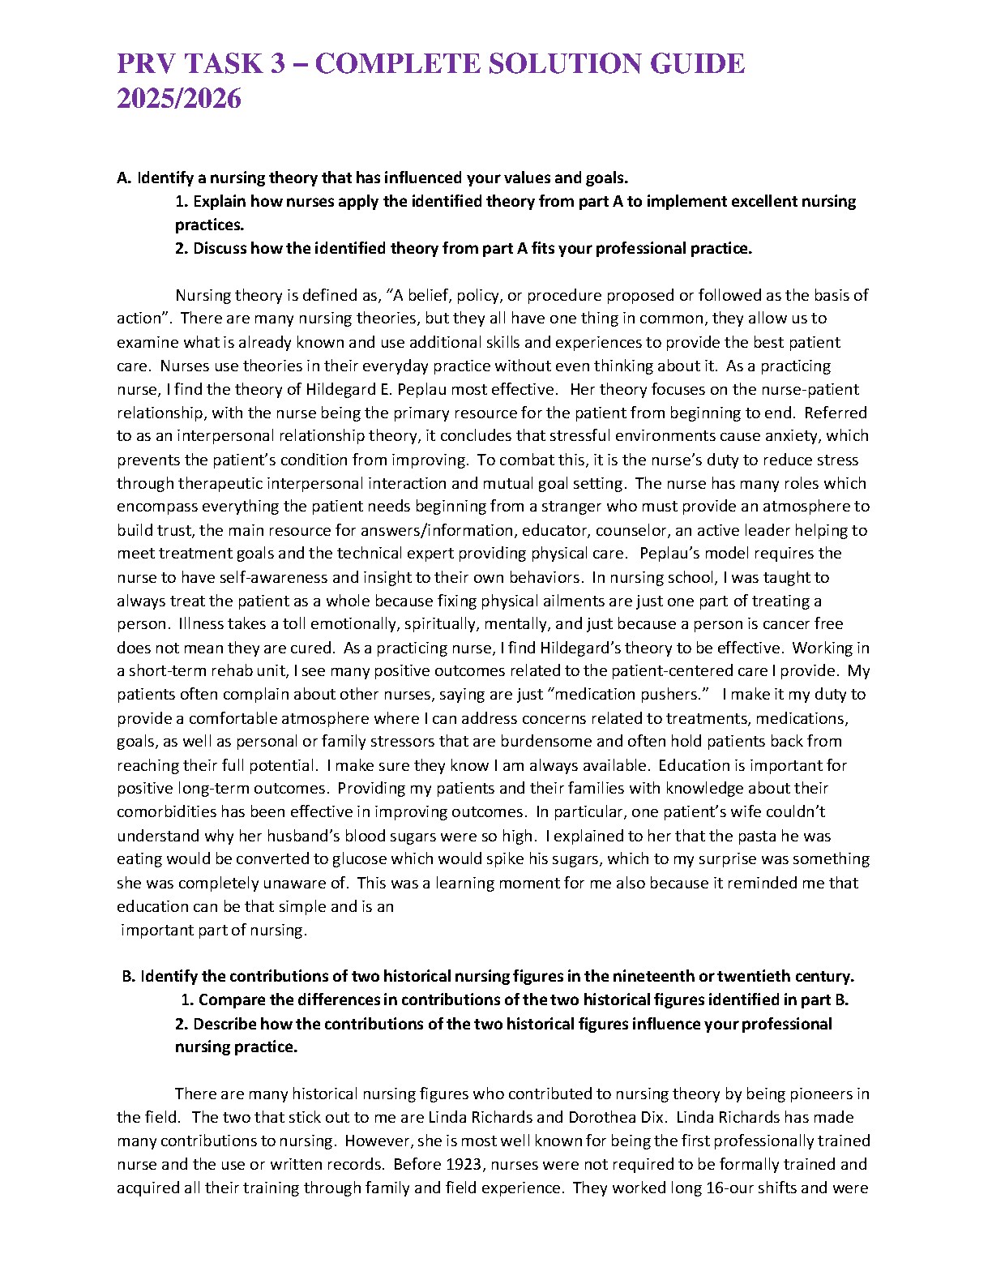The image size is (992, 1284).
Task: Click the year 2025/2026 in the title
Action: (179, 99)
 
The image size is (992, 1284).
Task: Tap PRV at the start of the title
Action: (147, 63)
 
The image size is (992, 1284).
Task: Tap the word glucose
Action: (359, 859)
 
